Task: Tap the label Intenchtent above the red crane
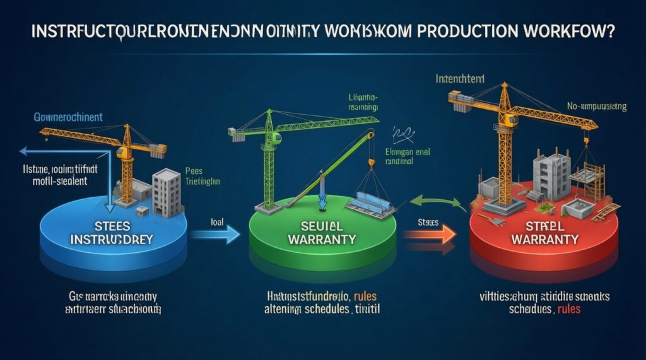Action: point(462,79)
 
